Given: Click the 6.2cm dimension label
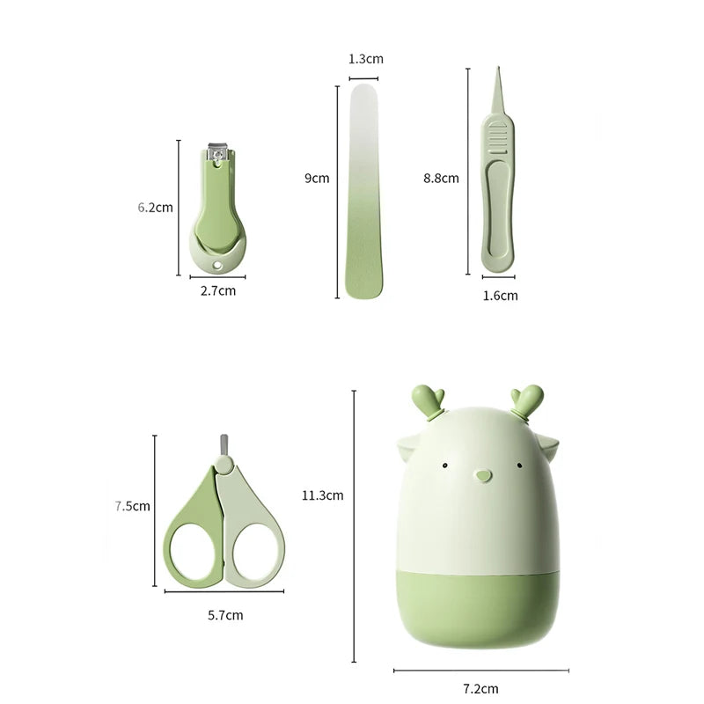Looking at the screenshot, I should pyautogui.click(x=155, y=208).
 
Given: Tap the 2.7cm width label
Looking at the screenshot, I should pyautogui.click(x=217, y=290).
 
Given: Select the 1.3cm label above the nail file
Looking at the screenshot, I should pyautogui.click(x=366, y=59).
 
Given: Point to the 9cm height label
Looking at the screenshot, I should pyautogui.click(x=317, y=178).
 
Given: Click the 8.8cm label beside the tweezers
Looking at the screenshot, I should pyautogui.click(x=441, y=178).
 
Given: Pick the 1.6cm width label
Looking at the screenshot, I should pyautogui.click(x=500, y=296).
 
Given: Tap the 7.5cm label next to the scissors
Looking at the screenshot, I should pyautogui.click(x=132, y=506).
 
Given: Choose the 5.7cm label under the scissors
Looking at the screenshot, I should pyautogui.click(x=225, y=615).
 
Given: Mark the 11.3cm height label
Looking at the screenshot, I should pyautogui.click(x=321, y=495).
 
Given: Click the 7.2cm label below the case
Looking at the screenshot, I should pyautogui.click(x=480, y=688).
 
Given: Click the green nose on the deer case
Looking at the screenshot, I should pyautogui.click(x=480, y=476).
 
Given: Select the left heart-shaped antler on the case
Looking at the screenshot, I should pyautogui.click(x=430, y=399).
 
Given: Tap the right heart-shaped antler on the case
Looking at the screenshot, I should pyautogui.click(x=530, y=399).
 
